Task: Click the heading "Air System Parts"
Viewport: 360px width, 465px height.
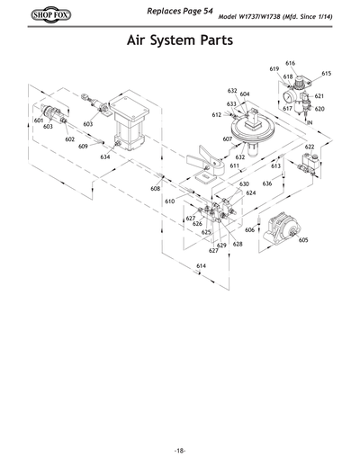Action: click(180, 42)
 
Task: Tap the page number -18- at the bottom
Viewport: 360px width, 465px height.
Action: click(180, 450)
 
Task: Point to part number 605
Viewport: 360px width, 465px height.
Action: click(303, 240)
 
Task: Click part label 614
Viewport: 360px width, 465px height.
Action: click(200, 267)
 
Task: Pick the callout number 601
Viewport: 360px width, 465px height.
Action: click(39, 120)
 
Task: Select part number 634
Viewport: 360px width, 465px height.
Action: click(105, 156)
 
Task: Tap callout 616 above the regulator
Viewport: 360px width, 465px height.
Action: click(291, 63)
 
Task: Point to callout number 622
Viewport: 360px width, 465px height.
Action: click(310, 147)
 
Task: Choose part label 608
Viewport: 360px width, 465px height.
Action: click(155, 189)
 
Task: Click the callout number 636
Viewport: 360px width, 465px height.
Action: click(267, 183)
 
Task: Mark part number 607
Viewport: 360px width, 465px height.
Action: click(227, 139)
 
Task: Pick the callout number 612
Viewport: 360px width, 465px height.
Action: click(217, 115)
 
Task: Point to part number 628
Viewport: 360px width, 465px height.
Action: click(238, 244)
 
